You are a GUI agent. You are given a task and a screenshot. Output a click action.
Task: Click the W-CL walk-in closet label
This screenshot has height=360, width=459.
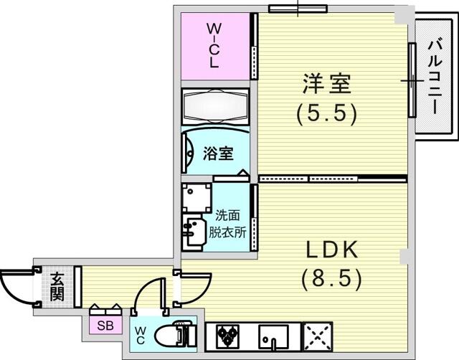214,46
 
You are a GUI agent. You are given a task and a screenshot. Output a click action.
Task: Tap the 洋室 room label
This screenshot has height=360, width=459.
326,84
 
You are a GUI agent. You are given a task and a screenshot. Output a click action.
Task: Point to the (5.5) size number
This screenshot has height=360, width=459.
327,114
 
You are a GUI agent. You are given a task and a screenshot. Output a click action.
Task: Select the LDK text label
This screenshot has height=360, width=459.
332,250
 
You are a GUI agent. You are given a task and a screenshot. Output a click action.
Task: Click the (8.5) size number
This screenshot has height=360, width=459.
331,279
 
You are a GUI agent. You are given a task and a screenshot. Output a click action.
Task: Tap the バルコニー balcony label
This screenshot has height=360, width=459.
435,77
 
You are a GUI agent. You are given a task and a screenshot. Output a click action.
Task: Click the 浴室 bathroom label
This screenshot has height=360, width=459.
218,153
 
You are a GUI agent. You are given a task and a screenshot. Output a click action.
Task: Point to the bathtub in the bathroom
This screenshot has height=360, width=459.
215,107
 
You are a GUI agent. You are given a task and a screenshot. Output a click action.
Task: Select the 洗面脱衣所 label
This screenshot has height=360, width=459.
227,224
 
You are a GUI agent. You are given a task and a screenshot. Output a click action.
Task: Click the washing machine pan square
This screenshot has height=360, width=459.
197,198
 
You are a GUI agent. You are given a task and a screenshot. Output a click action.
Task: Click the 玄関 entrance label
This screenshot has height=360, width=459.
57,287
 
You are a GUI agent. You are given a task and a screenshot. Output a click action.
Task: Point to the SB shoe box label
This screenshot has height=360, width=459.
105,326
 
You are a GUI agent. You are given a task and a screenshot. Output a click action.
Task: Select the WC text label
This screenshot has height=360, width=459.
140,336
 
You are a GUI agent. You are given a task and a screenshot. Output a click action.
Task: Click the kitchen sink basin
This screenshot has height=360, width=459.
273,336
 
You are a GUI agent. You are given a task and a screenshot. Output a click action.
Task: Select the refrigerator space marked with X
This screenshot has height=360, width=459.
318,336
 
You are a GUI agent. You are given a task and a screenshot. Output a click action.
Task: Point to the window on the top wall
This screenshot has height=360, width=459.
298,9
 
